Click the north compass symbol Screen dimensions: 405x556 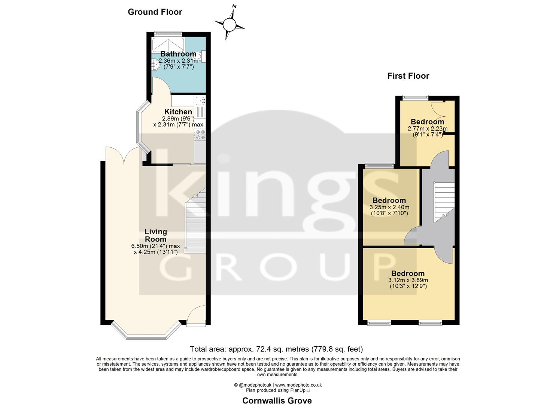[230, 24]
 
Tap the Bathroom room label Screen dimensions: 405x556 [178, 54]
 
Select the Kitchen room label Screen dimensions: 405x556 [178, 112]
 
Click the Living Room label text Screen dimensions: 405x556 [155, 235]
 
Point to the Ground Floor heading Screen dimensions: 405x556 [155, 12]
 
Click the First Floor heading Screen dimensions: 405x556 [408, 76]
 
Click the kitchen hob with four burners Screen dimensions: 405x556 [200, 135]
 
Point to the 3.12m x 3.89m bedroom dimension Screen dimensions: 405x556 [408, 280]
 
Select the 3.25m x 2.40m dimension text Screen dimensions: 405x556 [389, 207]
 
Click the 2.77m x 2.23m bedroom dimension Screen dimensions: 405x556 [428, 128]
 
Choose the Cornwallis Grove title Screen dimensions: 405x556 [277, 400]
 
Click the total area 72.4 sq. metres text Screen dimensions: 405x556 [276, 349]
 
